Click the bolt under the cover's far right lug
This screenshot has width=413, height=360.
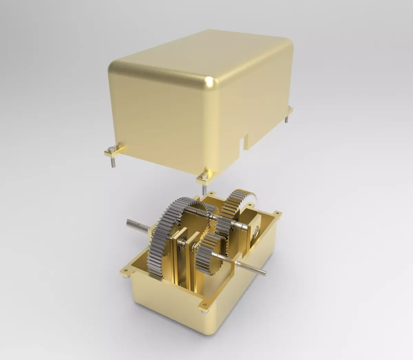[287, 119]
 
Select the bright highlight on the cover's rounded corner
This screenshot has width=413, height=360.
[209, 81]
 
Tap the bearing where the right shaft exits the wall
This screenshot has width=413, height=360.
[237, 263]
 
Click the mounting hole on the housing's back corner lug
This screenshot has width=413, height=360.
[211, 193]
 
